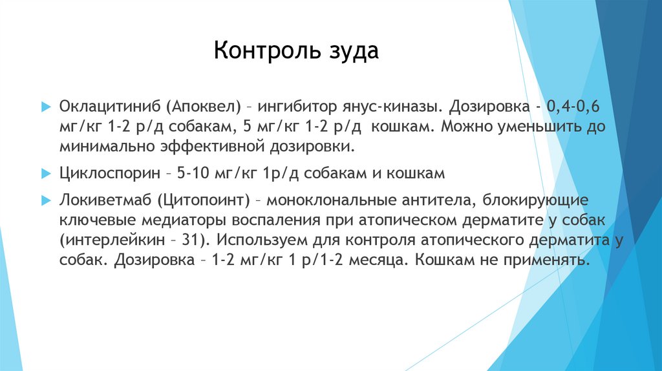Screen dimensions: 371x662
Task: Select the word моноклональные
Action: click(x=327, y=200)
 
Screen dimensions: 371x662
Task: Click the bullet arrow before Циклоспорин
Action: click(x=45, y=173)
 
